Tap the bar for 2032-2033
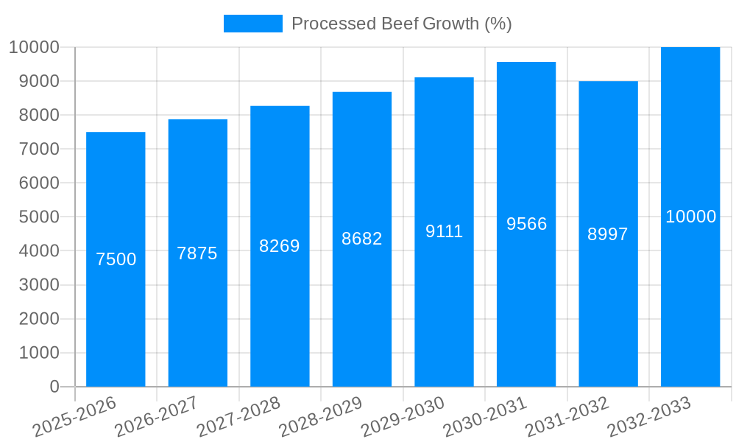690,295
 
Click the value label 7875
197,253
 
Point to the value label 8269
280,246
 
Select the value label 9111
444,231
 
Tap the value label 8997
608,234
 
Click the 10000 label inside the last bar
690,217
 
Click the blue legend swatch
252,24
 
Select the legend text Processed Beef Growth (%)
402,24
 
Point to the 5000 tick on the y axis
34,217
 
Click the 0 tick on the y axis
54,387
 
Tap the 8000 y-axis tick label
34,115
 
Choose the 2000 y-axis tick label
34,319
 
